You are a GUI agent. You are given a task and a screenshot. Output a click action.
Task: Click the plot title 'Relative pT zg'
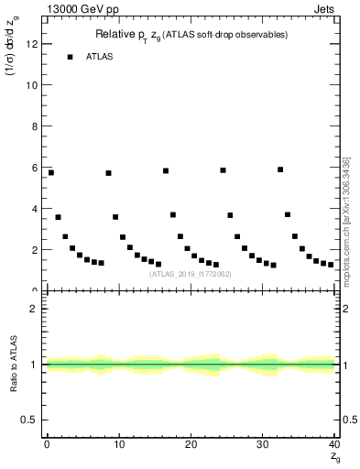point(191,35)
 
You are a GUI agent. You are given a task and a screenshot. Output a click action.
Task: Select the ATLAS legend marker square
point(70,57)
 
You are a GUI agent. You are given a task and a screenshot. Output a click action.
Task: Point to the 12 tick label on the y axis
point(34,44)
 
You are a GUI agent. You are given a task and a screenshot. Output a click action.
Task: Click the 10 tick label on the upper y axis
point(34,85)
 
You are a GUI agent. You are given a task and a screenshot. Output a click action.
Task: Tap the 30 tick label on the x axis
point(262,444)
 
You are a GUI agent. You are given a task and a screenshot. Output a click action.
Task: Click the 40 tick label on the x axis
point(333,444)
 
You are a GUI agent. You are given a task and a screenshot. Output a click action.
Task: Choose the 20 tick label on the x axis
point(191,444)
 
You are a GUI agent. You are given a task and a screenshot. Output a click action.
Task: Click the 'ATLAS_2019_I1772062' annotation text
point(191,273)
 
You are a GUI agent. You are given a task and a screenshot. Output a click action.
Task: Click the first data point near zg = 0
point(51,172)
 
